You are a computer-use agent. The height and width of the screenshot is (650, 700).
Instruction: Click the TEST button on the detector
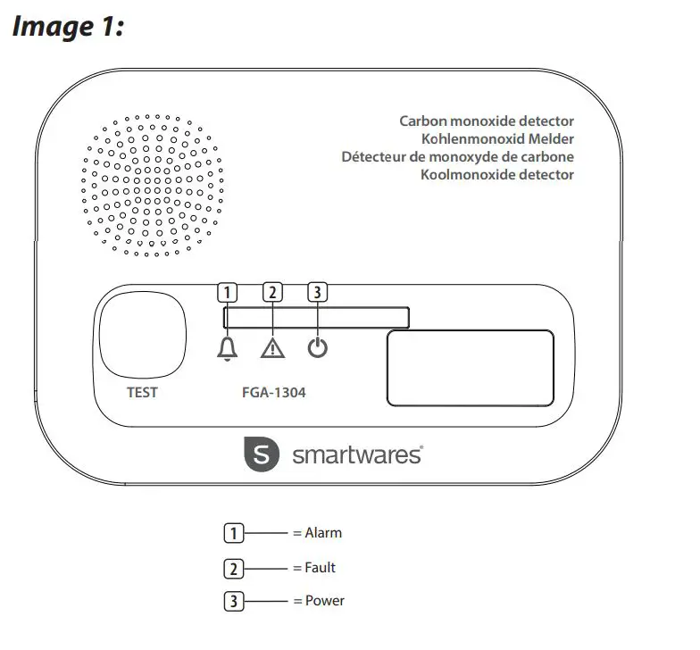143,337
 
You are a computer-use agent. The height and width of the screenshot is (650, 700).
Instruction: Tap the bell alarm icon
229,349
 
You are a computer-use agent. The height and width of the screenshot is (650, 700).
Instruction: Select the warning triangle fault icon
272,349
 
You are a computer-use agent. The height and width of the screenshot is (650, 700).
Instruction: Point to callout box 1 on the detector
229,291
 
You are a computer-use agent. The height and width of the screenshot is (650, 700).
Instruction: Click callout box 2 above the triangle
273,291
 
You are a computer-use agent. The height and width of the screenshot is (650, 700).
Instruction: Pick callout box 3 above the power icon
317,291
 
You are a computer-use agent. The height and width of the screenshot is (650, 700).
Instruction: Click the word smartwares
357,455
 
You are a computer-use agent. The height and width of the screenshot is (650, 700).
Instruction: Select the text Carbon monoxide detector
486,121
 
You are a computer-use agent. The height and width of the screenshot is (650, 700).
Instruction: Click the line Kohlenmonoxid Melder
497,138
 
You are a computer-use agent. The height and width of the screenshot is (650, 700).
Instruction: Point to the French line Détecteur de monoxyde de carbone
457,156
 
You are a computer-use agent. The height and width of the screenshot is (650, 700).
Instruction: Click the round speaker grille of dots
147,185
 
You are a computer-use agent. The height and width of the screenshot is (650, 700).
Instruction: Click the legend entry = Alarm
317,533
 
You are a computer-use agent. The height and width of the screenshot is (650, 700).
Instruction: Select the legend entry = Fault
314,567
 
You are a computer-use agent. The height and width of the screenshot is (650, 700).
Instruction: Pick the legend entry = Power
318,601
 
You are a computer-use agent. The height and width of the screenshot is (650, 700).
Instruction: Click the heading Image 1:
67,27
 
